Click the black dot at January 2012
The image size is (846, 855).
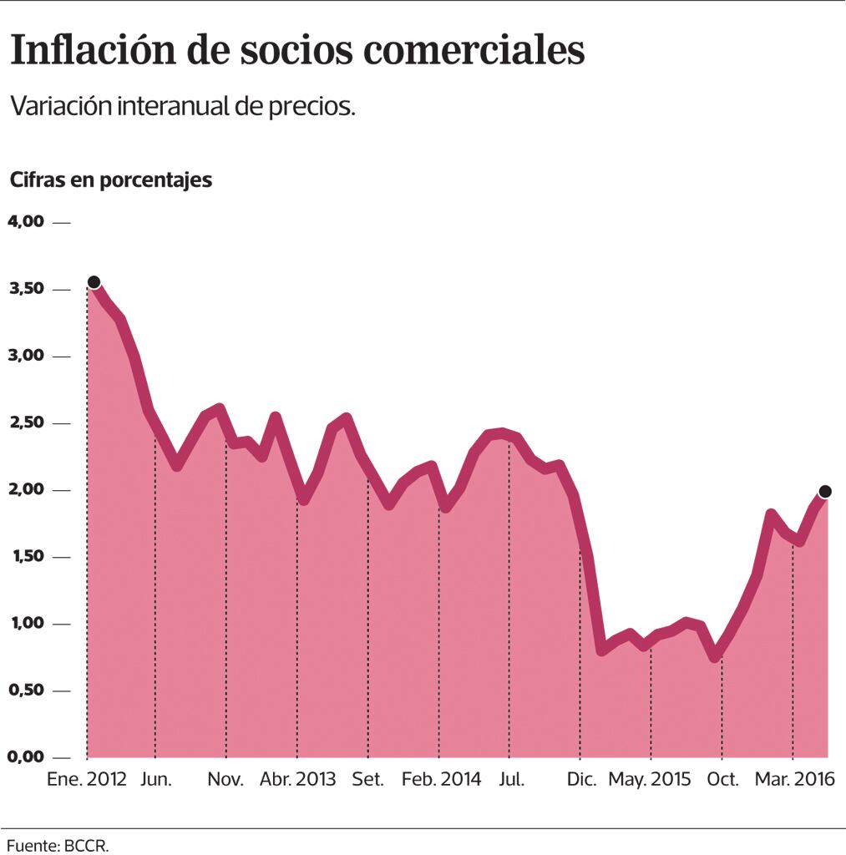(94, 282)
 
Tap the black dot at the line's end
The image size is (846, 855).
(825, 491)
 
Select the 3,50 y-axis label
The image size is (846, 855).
(25, 289)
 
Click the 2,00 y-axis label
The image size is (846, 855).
(25, 490)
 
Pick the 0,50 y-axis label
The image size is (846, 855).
(25, 691)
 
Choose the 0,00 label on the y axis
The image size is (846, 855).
(25, 757)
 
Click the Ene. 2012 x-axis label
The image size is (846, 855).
(88, 780)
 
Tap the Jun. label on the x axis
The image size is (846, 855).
(156, 780)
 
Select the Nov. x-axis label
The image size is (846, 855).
(225, 780)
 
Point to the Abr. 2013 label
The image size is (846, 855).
(297, 780)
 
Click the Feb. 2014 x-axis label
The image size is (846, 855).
(441, 780)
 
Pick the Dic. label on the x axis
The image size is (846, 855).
(582, 780)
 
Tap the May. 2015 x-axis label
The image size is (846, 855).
(650, 780)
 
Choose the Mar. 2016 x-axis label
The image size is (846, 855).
(794, 780)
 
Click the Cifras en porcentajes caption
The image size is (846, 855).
(111, 180)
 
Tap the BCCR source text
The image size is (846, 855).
(86, 845)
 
